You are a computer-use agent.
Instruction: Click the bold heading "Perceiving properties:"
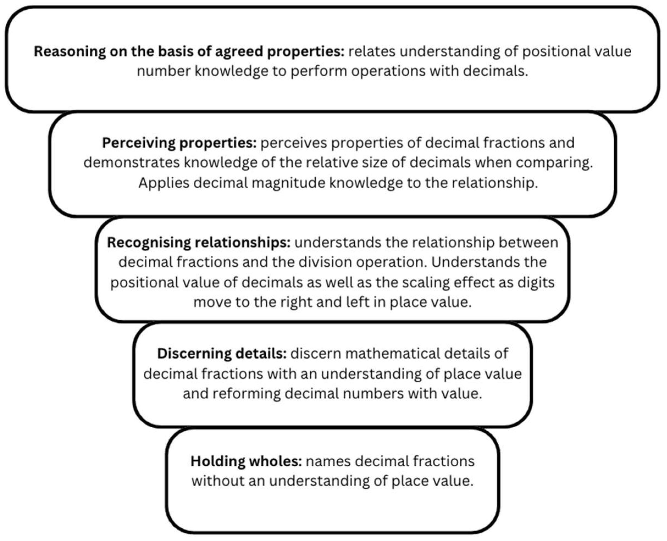coord(179,143)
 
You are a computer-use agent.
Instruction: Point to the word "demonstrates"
coord(132,163)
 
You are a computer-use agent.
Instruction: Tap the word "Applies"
coord(164,183)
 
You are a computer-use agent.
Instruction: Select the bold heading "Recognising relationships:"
coord(199,243)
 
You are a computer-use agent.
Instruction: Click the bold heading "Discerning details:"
coord(222,354)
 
